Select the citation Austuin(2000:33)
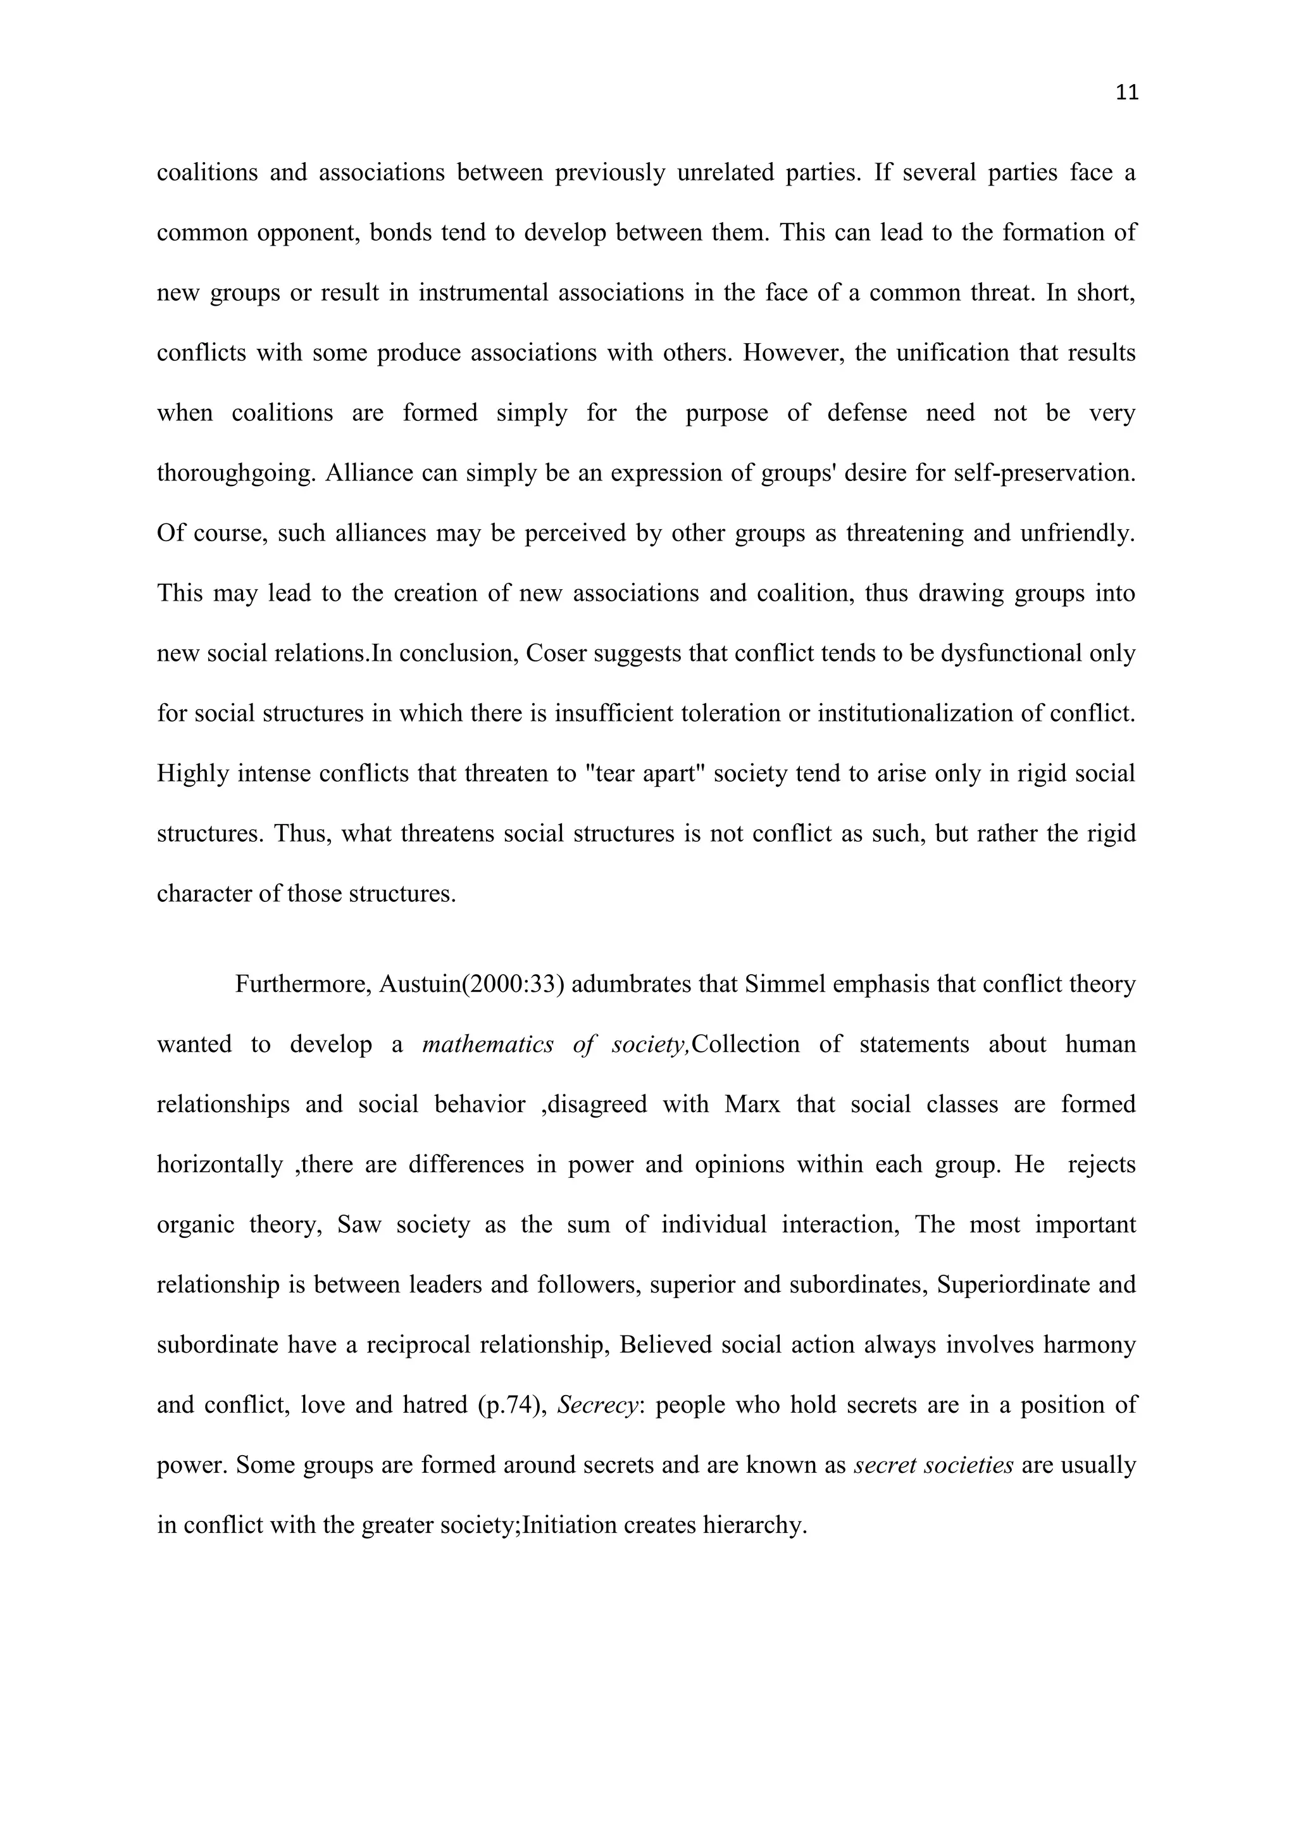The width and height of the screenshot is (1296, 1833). coord(471,984)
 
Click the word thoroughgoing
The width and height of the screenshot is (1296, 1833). coord(235,473)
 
